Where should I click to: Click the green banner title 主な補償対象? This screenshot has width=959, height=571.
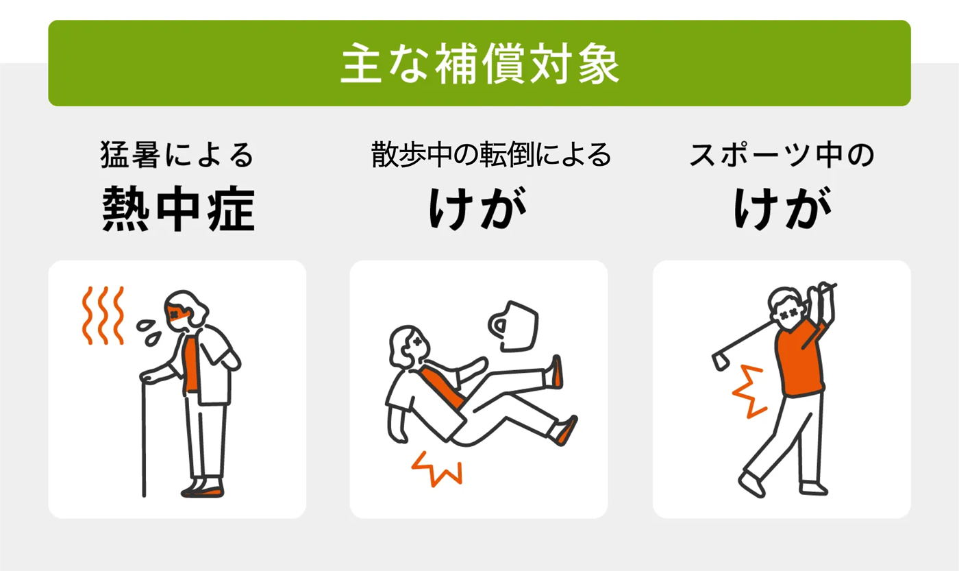(480, 63)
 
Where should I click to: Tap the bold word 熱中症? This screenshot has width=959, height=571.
(178, 209)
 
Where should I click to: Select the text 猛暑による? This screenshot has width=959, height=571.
(177, 155)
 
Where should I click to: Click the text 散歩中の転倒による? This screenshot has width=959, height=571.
(490, 155)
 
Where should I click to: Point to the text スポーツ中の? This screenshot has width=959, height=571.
(782, 155)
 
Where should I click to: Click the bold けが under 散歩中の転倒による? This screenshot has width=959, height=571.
(478, 208)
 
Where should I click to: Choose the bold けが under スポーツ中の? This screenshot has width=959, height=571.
(782, 208)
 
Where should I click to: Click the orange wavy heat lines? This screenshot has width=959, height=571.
(103, 315)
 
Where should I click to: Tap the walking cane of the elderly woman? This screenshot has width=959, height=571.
(144, 437)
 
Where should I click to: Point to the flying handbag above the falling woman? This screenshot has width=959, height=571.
(514, 326)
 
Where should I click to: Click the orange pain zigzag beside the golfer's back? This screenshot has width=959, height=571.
(748, 391)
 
